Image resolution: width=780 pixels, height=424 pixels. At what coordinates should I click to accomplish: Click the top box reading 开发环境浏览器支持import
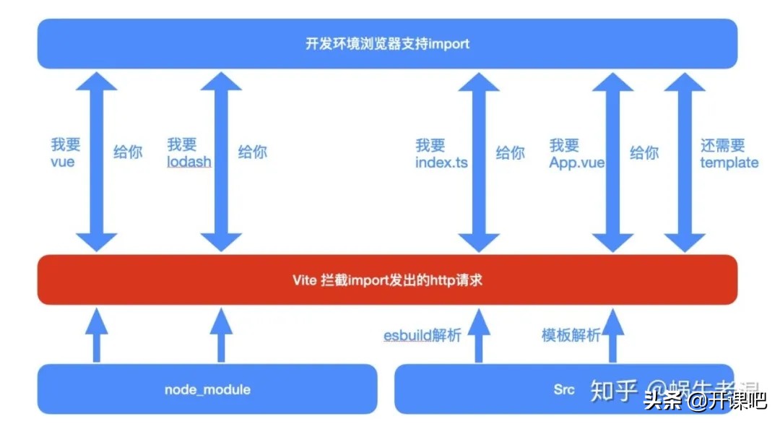[x=387, y=43]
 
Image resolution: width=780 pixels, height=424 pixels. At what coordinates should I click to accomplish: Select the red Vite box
[x=387, y=280]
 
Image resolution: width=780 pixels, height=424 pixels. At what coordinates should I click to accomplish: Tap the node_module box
[x=207, y=389]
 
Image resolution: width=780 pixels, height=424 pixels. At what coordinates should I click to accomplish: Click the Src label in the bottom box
[x=564, y=389]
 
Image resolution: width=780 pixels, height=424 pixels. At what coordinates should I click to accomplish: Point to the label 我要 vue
[x=63, y=153]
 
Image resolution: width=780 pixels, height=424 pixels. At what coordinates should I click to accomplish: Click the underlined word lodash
[x=189, y=162]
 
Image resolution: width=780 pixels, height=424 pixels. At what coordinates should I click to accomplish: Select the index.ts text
[x=441, y=163]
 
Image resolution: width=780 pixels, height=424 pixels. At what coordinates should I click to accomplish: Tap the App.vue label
[x=576, y=163]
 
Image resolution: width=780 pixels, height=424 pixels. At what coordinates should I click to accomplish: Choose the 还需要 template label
[x=729, y=154]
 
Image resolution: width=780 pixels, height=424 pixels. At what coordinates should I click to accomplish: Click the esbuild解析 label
[x=422, y=335]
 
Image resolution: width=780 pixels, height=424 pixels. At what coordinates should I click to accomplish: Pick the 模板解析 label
[x=571, y=335]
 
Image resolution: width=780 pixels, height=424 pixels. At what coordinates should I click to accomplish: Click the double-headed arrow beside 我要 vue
[x=97, y=161]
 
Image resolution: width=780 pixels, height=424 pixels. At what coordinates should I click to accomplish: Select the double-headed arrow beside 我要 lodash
[x=221, y=161]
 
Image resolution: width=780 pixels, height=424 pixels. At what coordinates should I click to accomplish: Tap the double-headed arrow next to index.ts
[x=479, y=161]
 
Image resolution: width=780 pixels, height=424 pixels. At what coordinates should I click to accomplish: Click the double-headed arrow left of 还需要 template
[x=685, y=161]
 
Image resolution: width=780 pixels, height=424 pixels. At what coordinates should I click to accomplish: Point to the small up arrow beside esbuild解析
[x=478, y=335]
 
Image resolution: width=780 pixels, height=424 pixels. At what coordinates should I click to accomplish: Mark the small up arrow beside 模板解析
[x=612, y=335]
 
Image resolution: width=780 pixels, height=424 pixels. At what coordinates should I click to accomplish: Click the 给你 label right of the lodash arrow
[x=252, y=152]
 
